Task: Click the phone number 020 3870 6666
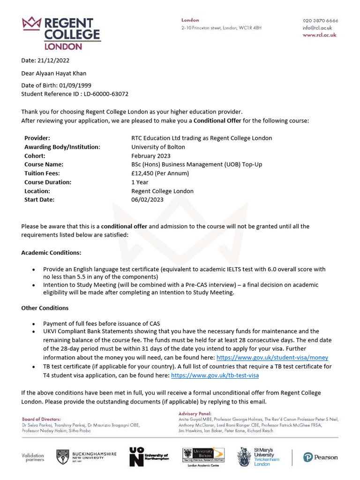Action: (x=320, y=21)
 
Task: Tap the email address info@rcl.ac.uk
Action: (x=317, y=28)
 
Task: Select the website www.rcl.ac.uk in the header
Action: (x=319, y=35)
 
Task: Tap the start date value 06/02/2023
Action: (x=147, y=200)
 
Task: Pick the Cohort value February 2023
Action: (x=151, y=156)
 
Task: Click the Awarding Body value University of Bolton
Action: (x=158, y=147)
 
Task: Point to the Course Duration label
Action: (x=48, y=182)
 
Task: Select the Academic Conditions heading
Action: (x=51, y=253)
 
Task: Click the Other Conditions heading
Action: (x=45, y=308)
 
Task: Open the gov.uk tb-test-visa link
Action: (x=215, y=375)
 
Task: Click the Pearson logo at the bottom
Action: (x=320, y=457)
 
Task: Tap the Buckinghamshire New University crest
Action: (x=63, y=457)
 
